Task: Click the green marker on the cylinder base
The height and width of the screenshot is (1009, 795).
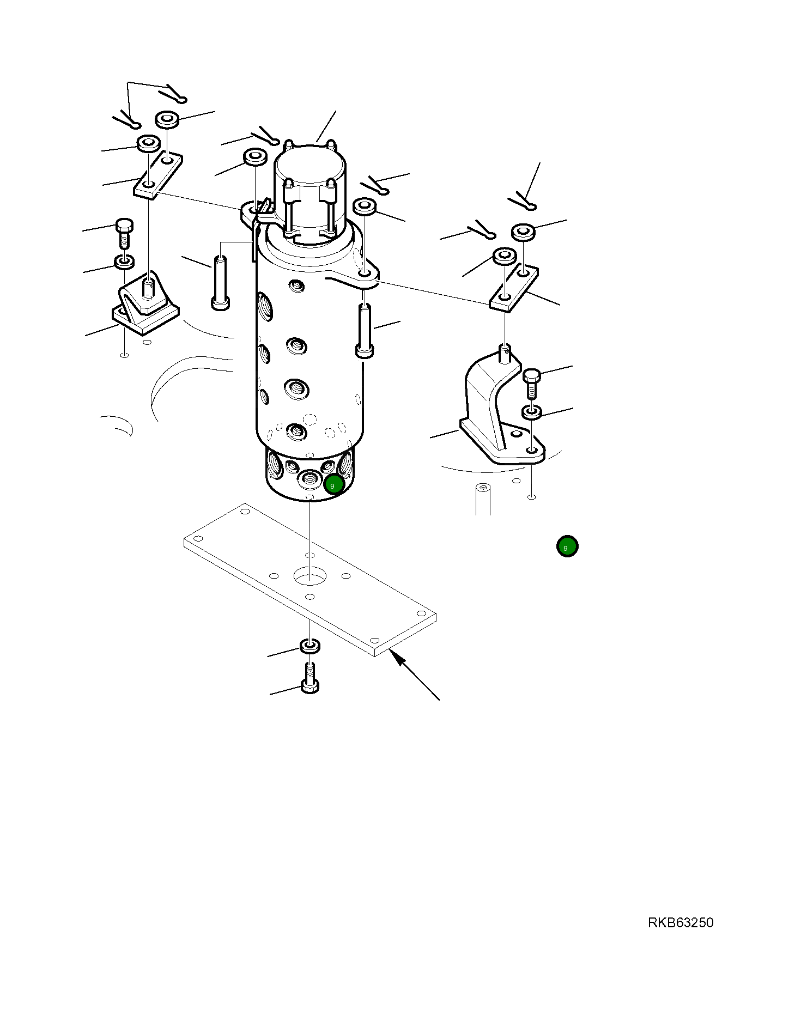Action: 333,484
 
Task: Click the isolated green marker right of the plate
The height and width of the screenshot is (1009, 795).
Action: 567,546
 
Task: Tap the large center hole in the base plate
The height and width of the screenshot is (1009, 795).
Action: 309,574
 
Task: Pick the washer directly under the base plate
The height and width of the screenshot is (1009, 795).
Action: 310,646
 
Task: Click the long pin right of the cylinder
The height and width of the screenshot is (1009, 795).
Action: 365,331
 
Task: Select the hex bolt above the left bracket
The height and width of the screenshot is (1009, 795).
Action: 124,233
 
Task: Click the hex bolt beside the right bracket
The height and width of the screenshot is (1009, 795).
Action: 531,382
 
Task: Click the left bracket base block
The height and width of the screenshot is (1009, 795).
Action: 145,316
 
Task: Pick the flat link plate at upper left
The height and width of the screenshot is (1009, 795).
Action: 158,175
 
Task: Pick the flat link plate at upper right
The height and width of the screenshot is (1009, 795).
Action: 514,288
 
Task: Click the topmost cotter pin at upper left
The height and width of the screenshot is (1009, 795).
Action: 176,94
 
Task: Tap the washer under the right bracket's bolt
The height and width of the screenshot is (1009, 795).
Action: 532,411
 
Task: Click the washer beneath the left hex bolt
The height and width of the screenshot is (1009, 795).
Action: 125,262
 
